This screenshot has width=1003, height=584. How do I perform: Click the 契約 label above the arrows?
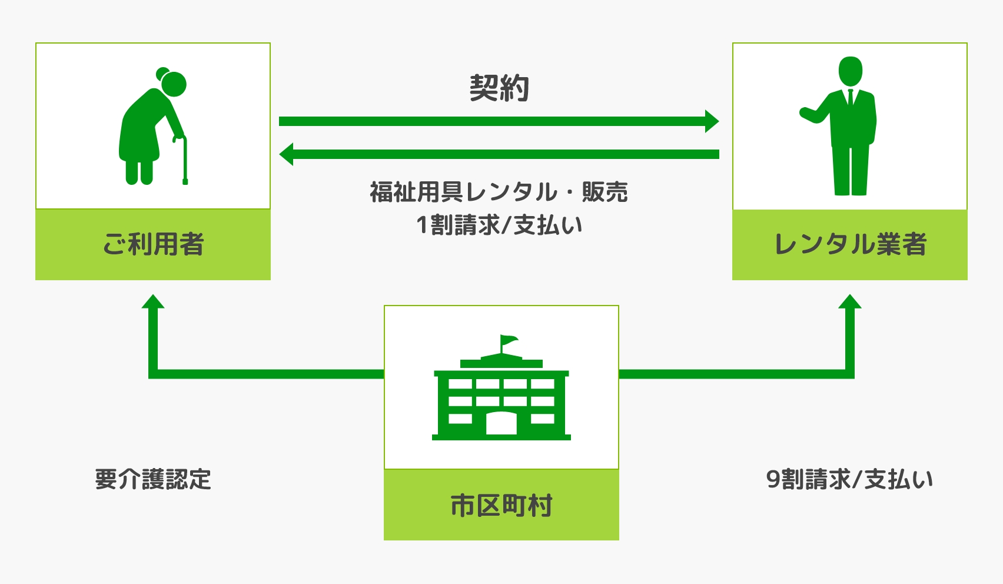pos(499,89)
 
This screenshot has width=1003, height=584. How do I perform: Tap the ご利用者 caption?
pos(153,244)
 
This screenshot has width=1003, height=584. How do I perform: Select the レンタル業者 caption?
pos(850,244)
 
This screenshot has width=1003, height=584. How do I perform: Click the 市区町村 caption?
pos(501,505)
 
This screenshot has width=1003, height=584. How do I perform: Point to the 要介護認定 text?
pos(153,479)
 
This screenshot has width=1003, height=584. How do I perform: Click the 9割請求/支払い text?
pos(849,479)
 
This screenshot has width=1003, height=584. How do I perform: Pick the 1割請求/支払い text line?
pos(499,225)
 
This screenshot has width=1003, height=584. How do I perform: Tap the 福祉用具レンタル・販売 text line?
pos(499,192)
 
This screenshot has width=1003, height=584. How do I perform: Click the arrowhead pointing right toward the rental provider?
pos(712,121)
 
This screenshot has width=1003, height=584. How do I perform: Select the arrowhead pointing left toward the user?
pos(287,154)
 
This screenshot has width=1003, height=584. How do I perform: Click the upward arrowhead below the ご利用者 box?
pos(153,301)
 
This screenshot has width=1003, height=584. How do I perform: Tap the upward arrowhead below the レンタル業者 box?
pos(850,301)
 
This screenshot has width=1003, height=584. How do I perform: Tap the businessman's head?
pos(850,71)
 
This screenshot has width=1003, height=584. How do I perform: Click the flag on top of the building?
pos(509,340)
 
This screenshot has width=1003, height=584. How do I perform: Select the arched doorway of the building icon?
pos(501,423)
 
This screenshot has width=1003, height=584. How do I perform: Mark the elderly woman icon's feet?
pos(139,177)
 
